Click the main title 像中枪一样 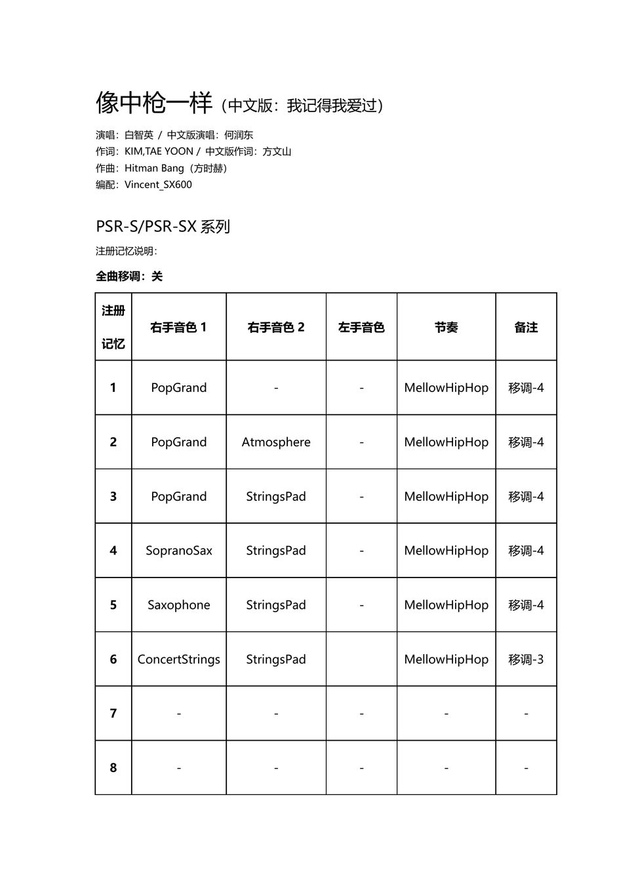pos(154,104)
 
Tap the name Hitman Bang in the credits pos(154,168)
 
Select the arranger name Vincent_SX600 pos(158,185)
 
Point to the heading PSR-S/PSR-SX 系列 pos(163,227)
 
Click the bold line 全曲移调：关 pos(129,277)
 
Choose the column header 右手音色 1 pos(178,327)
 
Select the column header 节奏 pos(446,327)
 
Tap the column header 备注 pos(526,327)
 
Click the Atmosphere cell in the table pos(276,442)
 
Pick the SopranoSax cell pos(178,551)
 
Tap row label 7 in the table pos(113,714)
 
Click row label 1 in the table pos(113,388)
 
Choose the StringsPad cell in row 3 pos(276,497)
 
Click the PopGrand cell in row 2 pos(178,442)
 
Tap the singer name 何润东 pos(239,135)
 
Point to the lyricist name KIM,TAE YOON pos(159,151)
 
